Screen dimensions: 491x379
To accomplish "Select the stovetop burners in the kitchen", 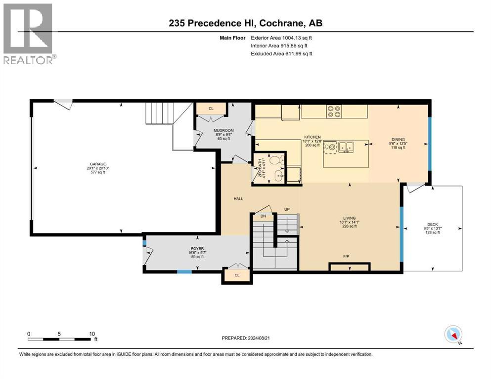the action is pyautogui.click(x=334, y=112).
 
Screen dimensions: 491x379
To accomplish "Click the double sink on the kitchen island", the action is pyautogui.click(x=346, y=147).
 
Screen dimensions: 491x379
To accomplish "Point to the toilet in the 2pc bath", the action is pyautogui.click(x=279, y=159).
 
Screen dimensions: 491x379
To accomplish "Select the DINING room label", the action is pyautogui.click(x=398, y=140).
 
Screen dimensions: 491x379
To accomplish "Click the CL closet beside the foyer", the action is pyautogui.click(x=237, y=275).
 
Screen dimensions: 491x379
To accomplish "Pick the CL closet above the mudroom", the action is pyautogui.click(x=211, y=109).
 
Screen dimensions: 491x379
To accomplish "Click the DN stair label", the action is pyautogui.click(x=263, y=216).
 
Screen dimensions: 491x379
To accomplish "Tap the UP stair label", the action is pyautogui.click(x=286, y=209).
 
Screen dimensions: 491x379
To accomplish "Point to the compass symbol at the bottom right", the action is pyautogui.click(x=453, y=335).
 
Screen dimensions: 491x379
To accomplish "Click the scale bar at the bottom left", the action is pyautogui.click(x=60, y=339).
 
